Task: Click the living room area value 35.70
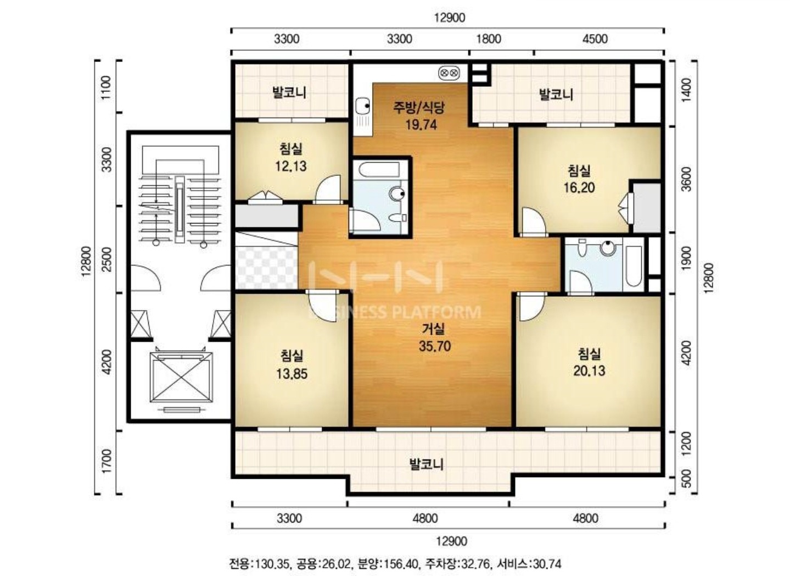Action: coord(434,346)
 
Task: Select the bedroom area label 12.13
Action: coord(290,166)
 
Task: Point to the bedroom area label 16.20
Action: coord(579,187)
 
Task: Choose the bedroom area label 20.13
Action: coord(589,370)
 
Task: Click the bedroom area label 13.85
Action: coord(292,374)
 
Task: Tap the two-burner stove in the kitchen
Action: coord(449,73)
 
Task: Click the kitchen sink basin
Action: coord(362,106)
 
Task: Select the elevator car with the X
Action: coord(181,377)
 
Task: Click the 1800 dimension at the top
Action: coord(489,39)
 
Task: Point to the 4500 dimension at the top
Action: coord(595,39)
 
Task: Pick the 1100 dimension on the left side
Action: coord(106,87)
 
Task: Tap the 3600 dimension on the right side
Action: coord(686,179)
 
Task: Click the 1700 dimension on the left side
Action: coord(106,461)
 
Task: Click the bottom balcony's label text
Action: coord(426,464)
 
